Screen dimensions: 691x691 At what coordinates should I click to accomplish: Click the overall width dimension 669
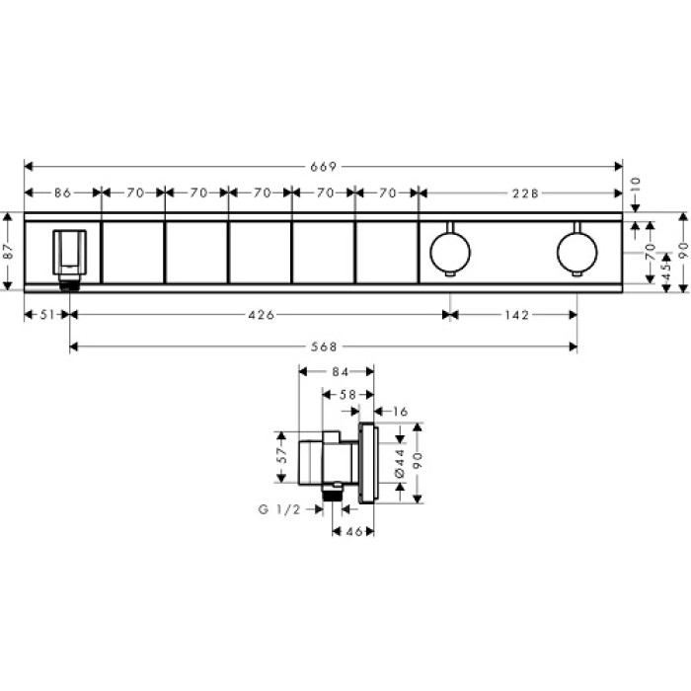pyautogui.click(x=325, y=167)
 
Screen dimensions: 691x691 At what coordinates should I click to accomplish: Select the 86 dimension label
pyautogui.click(x=62, y=193)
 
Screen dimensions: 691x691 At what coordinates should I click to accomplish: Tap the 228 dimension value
pyautogui.click(x=524, y=193)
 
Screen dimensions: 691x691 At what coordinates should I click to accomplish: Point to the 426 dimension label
pyautogui.click(x=261, y=315)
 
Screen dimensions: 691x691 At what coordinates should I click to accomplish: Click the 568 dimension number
pyautogui.click(x=324, y=346)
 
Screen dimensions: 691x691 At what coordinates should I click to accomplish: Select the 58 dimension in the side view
pyautogui.click(x=348, y=393)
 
